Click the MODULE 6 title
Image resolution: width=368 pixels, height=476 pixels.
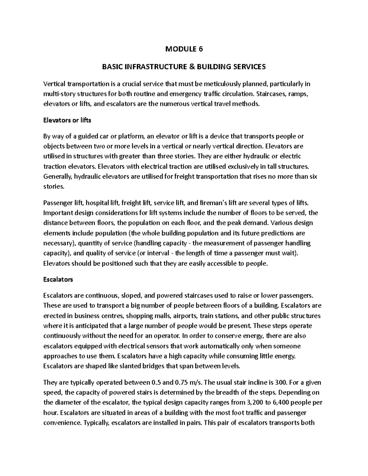click(x=184, y=49)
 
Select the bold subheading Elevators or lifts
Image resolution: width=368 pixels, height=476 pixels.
click(x=67, y=120)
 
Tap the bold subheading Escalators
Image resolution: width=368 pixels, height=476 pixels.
click(x=58, y=280)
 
